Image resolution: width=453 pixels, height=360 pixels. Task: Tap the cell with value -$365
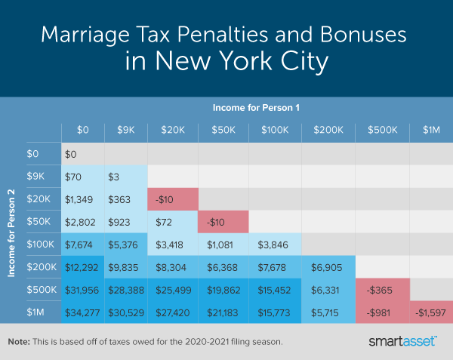point(382,291)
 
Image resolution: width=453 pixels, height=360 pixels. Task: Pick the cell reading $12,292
point(82,267)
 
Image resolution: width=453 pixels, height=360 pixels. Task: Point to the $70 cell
point(82,177)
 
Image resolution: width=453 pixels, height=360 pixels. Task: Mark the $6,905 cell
point(328,267)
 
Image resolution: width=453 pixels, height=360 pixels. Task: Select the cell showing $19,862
point(224,291)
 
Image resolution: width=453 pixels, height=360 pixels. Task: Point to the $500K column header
point(382,130)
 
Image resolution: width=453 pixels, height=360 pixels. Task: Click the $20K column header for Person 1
point(173,130)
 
